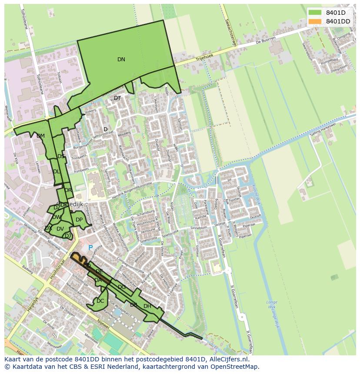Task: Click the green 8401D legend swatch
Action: click(x=315, y=12)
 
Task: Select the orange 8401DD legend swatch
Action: click(x=315, y=21)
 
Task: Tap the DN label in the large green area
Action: click(x=121, y=60)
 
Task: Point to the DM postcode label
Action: click(x=40, y=136)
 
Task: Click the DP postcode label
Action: click(x=79, y=220)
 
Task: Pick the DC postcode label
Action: click(x=100, y=301)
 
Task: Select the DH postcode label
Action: click(x=147, y=306)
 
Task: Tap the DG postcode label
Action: click(x=122, y=287)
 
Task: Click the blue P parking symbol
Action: click(x=90, y=248)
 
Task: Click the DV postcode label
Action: click(x=60, y=229)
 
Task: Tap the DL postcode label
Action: click(x=57, y=172)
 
